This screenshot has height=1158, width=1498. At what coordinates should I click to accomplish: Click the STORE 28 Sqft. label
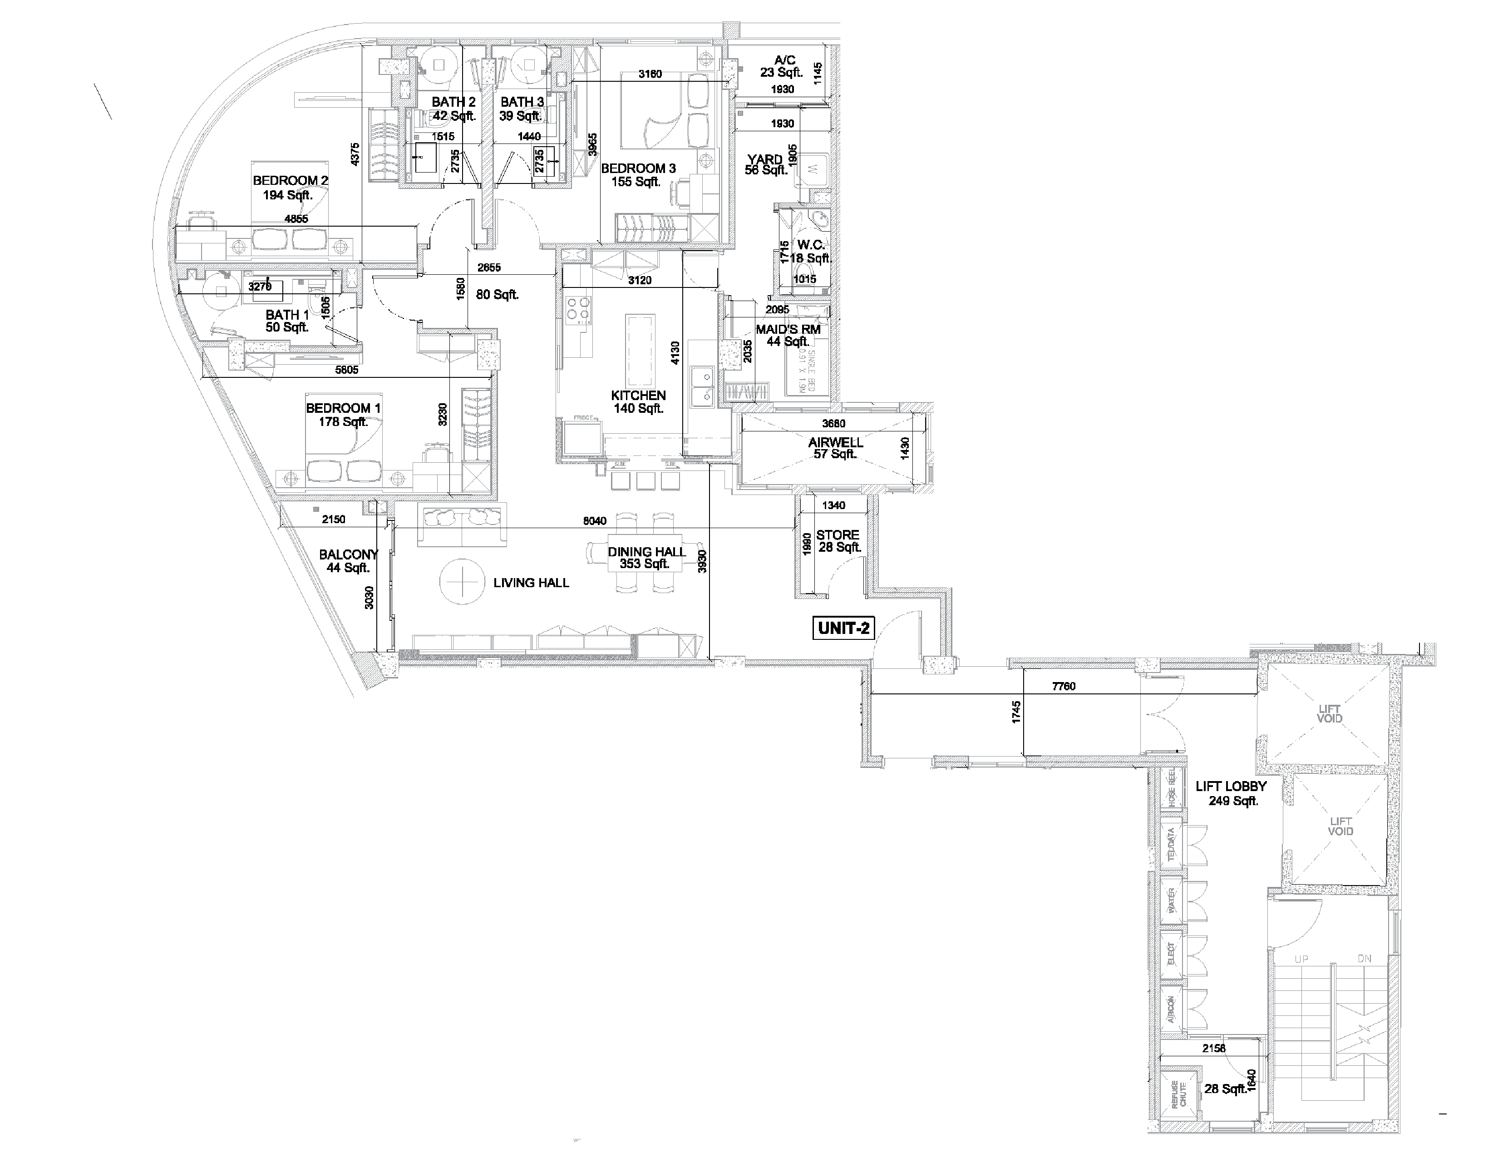tap(838, 540)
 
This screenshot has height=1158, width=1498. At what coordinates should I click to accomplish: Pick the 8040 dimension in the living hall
tap(595, 521)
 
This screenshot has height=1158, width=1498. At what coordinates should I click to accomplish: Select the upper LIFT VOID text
tap(1329, 713)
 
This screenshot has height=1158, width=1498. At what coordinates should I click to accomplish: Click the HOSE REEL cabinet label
tap(1172, 787)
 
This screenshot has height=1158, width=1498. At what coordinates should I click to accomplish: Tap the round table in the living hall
tap(462, 582)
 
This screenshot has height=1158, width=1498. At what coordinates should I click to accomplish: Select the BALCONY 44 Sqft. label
tap(349, 560)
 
